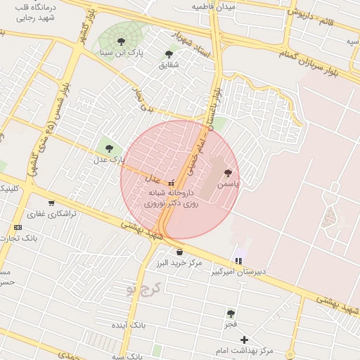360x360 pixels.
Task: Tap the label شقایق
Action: [169, 65]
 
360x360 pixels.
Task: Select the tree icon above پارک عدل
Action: [108, 148]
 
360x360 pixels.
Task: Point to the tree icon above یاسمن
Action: [227, 173]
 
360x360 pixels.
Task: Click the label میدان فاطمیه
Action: [215, 6]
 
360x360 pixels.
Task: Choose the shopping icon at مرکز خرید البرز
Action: [180, 252]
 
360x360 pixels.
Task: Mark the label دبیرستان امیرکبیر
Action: [238, 272]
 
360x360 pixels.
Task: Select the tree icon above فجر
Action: [231, 314]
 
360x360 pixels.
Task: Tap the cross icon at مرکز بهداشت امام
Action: [244, 340]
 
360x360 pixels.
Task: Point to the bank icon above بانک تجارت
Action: [18, 227]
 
